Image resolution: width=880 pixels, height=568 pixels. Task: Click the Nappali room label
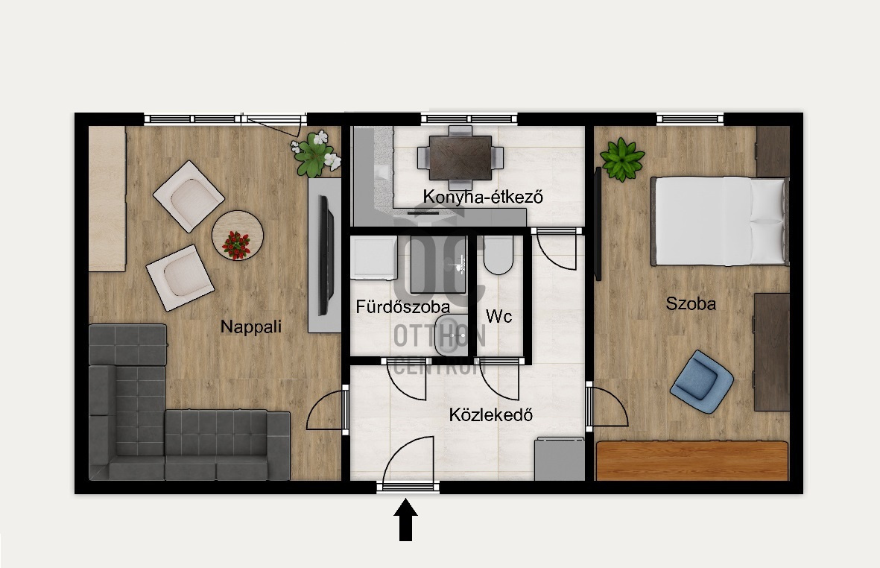250,326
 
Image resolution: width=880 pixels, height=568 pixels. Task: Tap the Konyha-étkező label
483,197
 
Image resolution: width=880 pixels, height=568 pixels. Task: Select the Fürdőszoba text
403,307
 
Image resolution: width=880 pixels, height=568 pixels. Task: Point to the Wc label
499,317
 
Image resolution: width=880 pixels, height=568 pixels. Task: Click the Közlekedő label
490,415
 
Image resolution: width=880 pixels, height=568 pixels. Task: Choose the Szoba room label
691,303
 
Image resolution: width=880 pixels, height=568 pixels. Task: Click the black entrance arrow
406,520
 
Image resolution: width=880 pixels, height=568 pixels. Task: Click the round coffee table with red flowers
238,235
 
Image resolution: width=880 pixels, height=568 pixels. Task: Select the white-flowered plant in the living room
316,154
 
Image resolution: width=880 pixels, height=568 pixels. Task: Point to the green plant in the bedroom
622,160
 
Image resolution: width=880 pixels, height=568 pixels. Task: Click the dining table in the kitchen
460,157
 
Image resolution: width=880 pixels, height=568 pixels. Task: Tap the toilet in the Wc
498,256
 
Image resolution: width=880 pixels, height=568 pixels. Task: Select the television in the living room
326,256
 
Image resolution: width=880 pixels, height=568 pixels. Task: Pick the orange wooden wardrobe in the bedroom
692,461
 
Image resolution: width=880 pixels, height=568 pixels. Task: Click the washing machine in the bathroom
374,258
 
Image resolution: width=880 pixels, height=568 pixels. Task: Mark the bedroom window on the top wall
690,119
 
